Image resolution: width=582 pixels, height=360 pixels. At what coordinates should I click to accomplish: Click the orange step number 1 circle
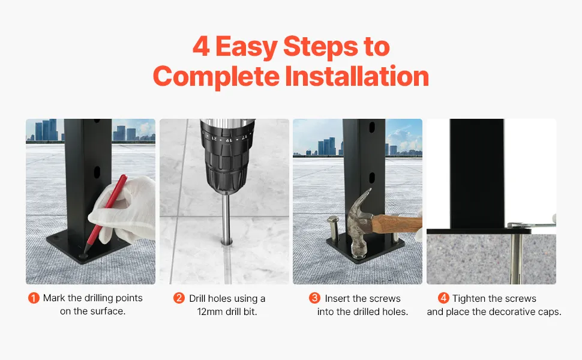point(34,298)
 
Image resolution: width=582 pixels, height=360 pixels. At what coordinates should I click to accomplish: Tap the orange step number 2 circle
point(179,298)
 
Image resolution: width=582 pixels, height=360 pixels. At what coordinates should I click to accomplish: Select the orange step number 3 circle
point(314,298)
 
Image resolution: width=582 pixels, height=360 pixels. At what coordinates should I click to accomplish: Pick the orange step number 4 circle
point(443,298)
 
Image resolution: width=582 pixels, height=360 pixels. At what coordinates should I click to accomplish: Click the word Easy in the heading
point(247,47)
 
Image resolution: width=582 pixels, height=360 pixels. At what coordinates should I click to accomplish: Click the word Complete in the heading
point(216,77)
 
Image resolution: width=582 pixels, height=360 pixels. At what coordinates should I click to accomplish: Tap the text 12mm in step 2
point(209,312)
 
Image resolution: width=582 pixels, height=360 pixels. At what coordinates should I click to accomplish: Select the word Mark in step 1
point(54,298)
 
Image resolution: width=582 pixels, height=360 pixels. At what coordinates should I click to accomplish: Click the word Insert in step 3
point(337,298)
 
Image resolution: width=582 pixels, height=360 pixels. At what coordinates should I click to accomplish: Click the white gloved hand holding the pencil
point(125,209)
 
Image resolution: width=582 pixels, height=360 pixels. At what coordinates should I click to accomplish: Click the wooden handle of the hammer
point(397,224)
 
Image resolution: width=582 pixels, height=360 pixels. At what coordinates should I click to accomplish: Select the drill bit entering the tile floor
point(226,219)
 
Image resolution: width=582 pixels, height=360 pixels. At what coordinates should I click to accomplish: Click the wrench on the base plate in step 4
point(532,224)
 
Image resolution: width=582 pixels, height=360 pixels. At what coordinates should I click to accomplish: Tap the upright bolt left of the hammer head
point(332,229)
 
